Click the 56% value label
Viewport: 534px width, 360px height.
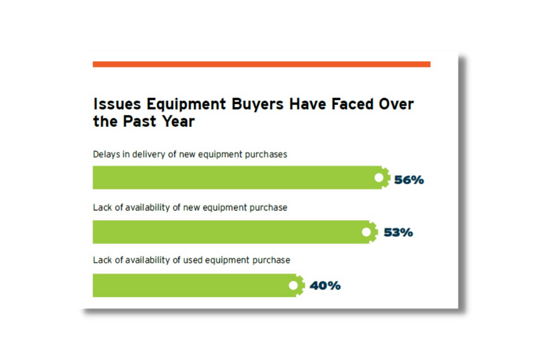[409, 180]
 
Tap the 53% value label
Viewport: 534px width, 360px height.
[398, 233]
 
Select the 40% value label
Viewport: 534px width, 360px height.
[325, 286]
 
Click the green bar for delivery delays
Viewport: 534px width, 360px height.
[234, 178]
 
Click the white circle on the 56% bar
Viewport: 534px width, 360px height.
[379, 178]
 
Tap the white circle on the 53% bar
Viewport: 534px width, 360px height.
[366, 232]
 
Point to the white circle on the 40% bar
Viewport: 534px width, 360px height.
[293, 285]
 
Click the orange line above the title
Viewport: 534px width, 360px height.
[261, 64]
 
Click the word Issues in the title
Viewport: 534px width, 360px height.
[113, 104]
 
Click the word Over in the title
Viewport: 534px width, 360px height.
[397, 104]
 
